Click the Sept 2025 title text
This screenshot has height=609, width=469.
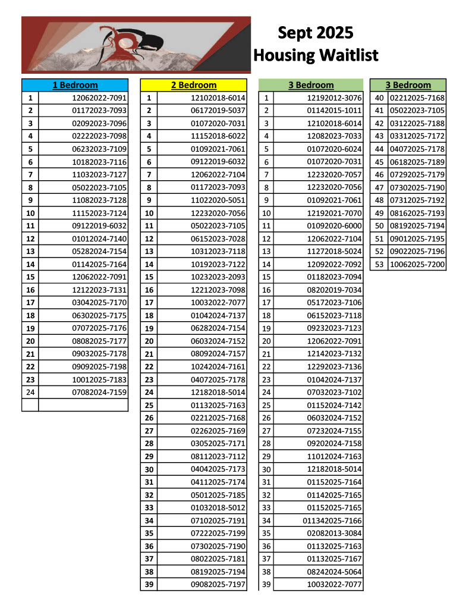click(x=315, y=32)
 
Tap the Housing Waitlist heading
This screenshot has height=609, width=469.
click(x=315, y=55)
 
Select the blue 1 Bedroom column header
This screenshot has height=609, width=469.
click(x=75, y=85)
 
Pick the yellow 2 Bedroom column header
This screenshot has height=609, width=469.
click(x=194, y=85)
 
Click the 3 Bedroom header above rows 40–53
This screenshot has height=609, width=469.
click(x=408, y=85)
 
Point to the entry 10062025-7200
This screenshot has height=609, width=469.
click(x=417, y=264)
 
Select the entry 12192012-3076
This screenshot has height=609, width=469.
click(x=334, y=98)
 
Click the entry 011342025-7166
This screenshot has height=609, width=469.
click(x=332, y=521)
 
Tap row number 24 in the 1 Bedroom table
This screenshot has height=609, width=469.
click(x=30, y=392)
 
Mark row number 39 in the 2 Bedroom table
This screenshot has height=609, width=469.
click(x=149, y=585)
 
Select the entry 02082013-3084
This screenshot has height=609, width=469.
click(x=334, y=533)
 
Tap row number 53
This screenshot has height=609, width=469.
click(x=379, y=264)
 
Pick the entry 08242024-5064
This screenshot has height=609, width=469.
click(x=334, y=572)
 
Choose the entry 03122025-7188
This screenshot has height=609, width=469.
click(x=417, y=124)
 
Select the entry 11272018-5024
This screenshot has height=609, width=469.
click(x=334, y=252)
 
